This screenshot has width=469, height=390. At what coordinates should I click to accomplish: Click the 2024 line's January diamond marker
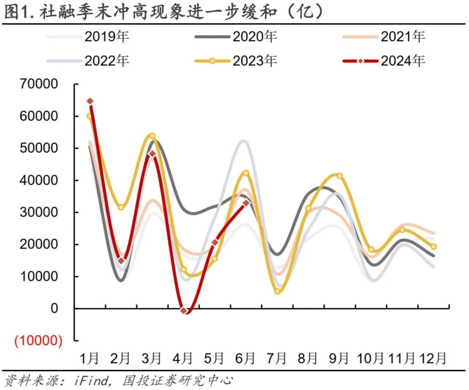(x=90, y=102)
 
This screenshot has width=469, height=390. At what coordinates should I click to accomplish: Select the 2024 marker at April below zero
(x=184, y=311)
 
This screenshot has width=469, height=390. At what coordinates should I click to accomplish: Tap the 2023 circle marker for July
(x=277, y=292)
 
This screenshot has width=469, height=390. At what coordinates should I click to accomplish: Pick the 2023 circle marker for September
(x=340, y=176)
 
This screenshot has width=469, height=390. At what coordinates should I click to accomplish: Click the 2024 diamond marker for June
(x=246, y=203)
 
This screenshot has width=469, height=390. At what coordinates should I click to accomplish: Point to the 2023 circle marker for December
(x=433, y=246)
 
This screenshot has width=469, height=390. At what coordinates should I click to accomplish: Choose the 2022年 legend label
(x=106, y=61)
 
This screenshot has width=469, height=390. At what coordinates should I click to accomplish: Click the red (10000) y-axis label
(x=38, y=341)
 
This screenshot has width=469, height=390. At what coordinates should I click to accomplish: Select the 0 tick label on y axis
(x=54, y=309)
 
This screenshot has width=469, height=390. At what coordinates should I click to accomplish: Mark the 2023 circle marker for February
(x=121, y=207)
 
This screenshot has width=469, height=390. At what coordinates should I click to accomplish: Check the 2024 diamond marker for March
(x=152, y=154)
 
